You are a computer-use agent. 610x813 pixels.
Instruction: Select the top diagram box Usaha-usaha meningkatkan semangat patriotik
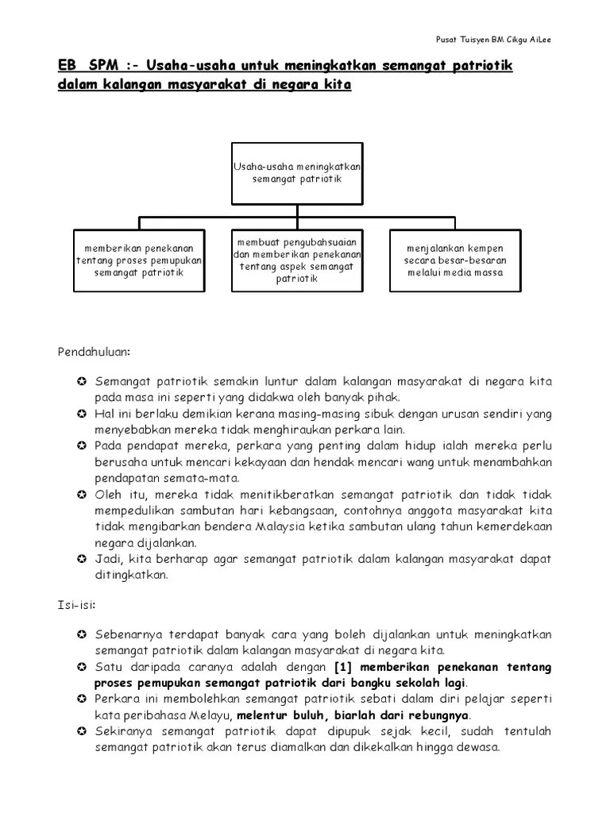tap(297, 174)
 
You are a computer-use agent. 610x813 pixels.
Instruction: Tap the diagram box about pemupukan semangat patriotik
tap(140, 260)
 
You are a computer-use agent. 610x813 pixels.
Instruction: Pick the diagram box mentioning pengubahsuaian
tap(297, 260)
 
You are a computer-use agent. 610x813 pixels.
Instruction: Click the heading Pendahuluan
tap(93, 351)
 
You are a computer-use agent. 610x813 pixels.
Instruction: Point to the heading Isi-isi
tap(76, 605)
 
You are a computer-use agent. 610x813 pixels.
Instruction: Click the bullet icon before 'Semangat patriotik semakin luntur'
tap(82, 383)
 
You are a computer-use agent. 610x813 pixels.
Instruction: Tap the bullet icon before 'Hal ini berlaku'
tap(82, 414)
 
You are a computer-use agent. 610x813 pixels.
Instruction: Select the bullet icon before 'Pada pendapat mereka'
tap(82, 446)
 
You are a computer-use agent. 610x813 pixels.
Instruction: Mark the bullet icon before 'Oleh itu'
tap(82, 495)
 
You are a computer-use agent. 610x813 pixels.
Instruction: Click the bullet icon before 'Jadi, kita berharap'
tap(82, 559)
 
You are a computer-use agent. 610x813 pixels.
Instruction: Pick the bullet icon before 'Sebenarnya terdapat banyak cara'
tap(82, 635)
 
